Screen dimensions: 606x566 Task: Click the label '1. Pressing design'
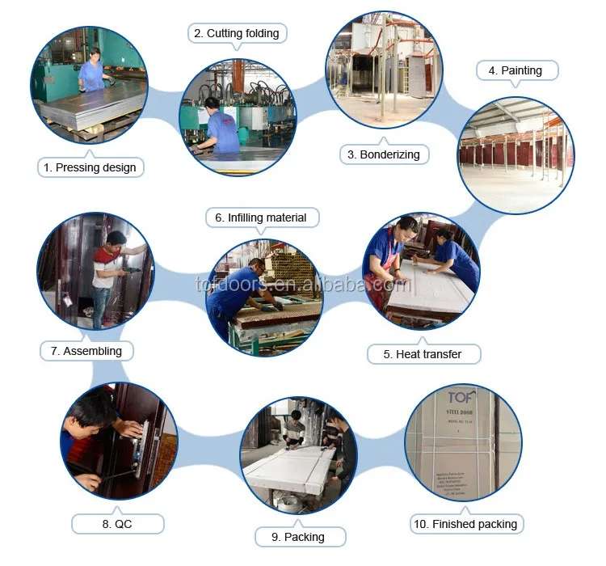tap(90, 167)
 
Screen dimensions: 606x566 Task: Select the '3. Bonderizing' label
tap(383, 154)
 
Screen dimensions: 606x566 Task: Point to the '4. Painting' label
tap(517, 70)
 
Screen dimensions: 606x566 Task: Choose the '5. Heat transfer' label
tap(423, 354)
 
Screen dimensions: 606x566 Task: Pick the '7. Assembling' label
tap(86, 351)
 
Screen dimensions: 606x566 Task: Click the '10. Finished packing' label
tap(465, 524)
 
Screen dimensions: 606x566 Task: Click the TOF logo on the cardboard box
tap(461, 396)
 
